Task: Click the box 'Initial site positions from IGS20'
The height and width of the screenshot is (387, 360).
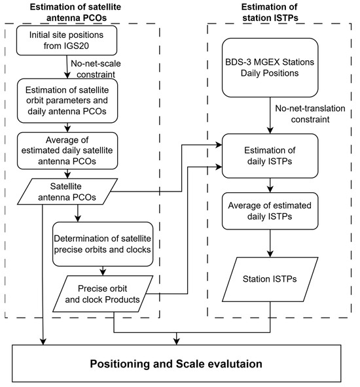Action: coord(67,41)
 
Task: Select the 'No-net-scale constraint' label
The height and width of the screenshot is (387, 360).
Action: coord(96,69)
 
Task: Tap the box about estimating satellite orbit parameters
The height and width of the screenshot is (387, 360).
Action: coord(67,101)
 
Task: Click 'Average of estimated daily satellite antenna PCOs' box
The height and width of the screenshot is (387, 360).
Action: coord(67,150)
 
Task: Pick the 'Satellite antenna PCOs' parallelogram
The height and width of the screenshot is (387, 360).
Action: coord(67,192)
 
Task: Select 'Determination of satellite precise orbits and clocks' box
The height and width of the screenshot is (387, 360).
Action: coord(103,244)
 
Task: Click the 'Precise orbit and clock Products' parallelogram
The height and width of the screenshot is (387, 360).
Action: coord(103,294)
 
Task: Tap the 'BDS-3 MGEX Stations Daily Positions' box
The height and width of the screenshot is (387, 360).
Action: coord(270,67)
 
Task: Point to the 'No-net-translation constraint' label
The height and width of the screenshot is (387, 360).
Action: coord(310,114)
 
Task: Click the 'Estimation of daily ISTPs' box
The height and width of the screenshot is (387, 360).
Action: coord(270,156)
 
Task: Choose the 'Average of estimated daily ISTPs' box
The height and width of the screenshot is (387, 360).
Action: coord(270,211)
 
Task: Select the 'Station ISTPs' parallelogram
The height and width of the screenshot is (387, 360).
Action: coord(270,279)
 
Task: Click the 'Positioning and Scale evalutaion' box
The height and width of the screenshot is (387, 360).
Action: coord(177,363)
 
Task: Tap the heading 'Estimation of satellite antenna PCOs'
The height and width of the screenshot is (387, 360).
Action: coord(76,12)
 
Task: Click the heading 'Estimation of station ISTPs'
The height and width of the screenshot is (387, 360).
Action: coord(270,12)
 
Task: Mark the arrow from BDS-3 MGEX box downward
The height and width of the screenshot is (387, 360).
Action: coord(270,115)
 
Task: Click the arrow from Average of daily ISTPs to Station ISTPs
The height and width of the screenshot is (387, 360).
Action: coord(270,243)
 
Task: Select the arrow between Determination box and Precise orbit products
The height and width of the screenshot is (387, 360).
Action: coord(103,271)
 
